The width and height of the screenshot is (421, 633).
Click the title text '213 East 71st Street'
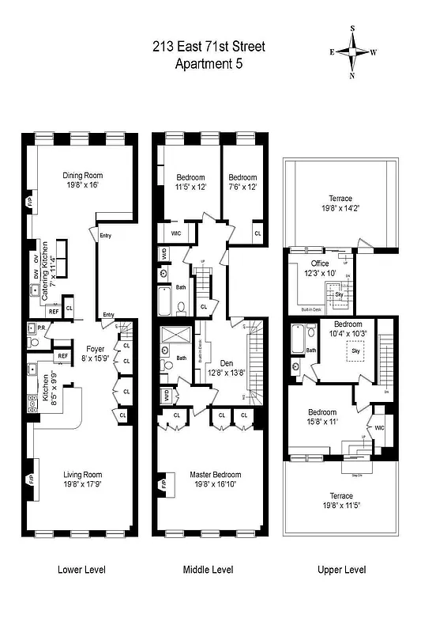click(x=209, y=47)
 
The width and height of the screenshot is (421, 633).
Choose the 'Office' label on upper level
click(x=320, y=263)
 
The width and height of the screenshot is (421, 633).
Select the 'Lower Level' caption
click(x=81, y=570)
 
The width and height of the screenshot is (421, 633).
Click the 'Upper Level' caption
click(x=341, y=570)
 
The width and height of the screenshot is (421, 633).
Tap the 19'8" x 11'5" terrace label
click(x=341, y=502)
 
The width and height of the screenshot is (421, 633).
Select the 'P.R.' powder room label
click(x=42, y=328)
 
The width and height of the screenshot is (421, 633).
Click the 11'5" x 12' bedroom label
click(x=190, y=182)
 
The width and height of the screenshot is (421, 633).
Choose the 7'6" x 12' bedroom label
click(x=242, y=182)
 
